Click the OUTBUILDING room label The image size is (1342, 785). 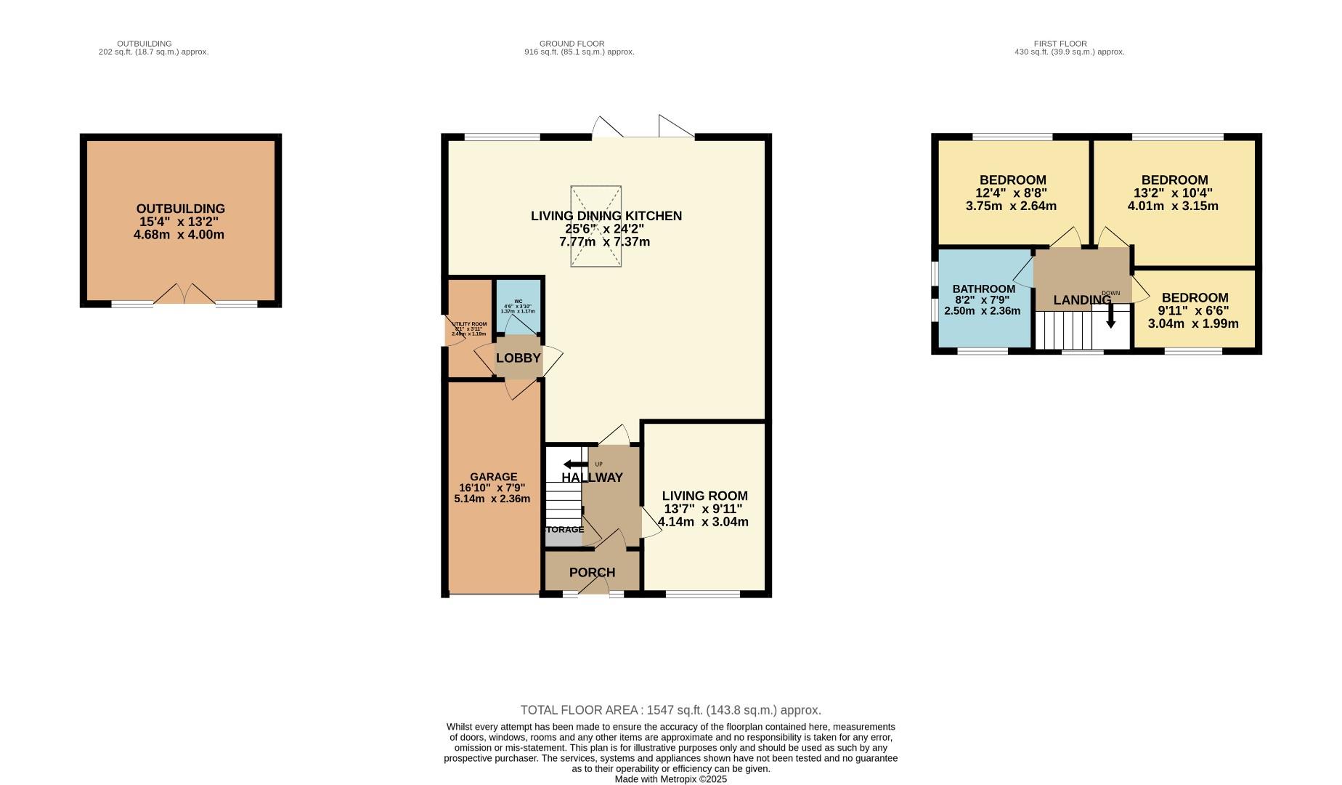coord(180,209)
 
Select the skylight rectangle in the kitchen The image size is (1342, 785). coord(595,227)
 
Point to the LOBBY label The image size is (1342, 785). coord(518,358)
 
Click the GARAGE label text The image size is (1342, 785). coord(493,477)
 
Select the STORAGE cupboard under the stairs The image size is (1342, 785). coord(564,530)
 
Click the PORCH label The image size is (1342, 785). coord(592,573)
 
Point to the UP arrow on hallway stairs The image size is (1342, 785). coord(574,464)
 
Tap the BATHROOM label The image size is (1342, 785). coord(983,289)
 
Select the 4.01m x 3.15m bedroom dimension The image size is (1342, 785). coord(1173,206)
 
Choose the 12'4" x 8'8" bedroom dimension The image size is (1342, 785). coord(1012,193)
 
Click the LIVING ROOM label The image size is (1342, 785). coord(704,496)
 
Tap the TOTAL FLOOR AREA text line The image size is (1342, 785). coord(670,710)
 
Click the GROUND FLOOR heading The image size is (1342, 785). coord(572,44)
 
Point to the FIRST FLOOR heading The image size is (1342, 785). coord(1060,44)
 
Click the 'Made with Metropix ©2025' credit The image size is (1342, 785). coord(670,779)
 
